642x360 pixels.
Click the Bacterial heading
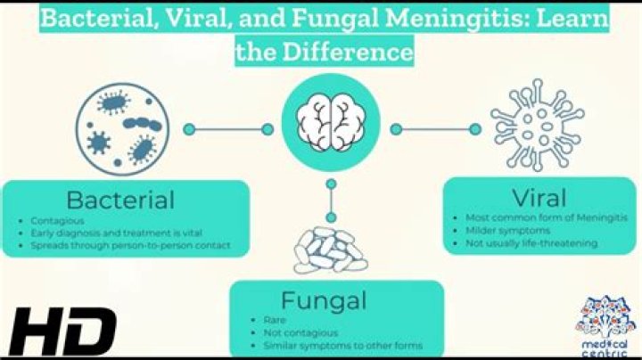pyautogui.click(x=120, y=200)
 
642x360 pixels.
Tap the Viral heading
pyautogui.click(x=539, y=198)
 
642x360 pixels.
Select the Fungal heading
pyautogui.click(x=324, y=301)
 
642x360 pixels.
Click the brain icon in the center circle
pyautogui.click(x=331, y=122)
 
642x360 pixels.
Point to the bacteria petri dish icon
pyautogui.click(x=122, y=129)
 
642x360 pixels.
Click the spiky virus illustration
pyautogui.click(x=537, y=125)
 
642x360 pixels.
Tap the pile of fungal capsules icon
pyautogui.click(x=331, y=250)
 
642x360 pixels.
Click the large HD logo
pyautogui.click(x=62, y=331)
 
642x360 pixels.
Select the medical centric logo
pyautogui.click(x=606, y=326)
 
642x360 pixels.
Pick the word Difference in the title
pyautogui.click(x=348, y=52)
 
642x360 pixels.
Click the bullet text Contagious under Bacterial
pyautogui.click(x=57, y=221)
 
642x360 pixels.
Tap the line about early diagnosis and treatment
pyautogui.click(x=116, y=233)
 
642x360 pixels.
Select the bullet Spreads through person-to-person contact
pyautogui.click(x=130, y=245)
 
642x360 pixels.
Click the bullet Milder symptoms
pyautogui.click(x=507, y=231)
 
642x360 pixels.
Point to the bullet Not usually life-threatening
pyautogui.click(x=531, y=243)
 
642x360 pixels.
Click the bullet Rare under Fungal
pyautogui.click(x=275, y=320)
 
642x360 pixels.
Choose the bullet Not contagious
pyautogui.click(x=300, y=333)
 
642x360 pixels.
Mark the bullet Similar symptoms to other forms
pyautogui.click(x=342, y=346)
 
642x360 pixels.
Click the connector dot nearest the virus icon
pyautogui.click(x=475, y=129)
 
